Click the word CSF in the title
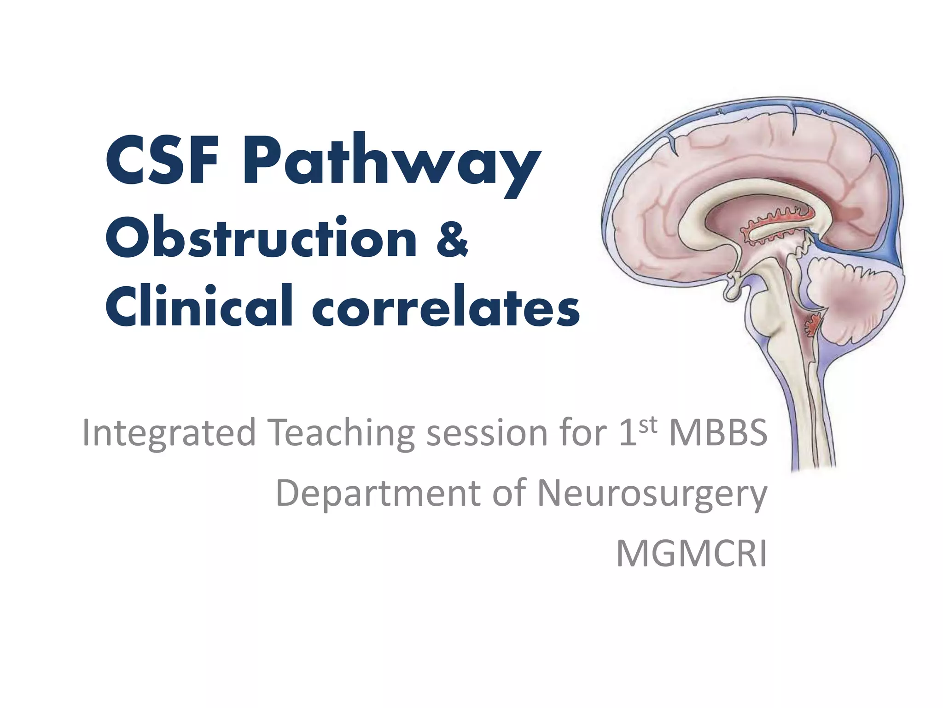coord(162,160)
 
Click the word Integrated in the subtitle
coord(169,433)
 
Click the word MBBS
coord(718,433)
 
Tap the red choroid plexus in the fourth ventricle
coord(813,324)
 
